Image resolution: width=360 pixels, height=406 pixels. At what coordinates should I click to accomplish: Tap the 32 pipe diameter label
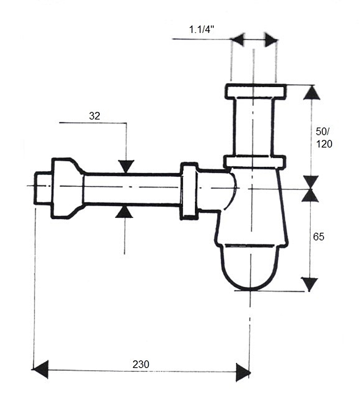coord(94,115)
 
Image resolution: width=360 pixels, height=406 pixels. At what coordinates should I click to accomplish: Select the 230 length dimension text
coord(141,364)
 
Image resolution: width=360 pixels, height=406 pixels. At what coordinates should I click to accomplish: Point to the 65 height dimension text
coord(318,236)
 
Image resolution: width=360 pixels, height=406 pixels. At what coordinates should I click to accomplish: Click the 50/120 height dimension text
coord(323,138)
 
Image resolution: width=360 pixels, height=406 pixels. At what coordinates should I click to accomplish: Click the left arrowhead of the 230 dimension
coord(40,370)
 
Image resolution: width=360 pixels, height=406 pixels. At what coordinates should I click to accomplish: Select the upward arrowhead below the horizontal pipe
coord(125,211)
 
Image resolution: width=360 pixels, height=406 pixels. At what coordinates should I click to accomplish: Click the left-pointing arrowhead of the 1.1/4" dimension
coord(238,40)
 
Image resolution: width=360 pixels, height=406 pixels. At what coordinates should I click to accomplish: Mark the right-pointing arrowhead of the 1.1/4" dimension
coord(271,40)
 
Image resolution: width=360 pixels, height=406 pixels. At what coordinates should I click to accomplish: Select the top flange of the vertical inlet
coord(255,92)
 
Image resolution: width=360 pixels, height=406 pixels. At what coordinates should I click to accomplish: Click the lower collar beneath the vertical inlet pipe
coord(255,162)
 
